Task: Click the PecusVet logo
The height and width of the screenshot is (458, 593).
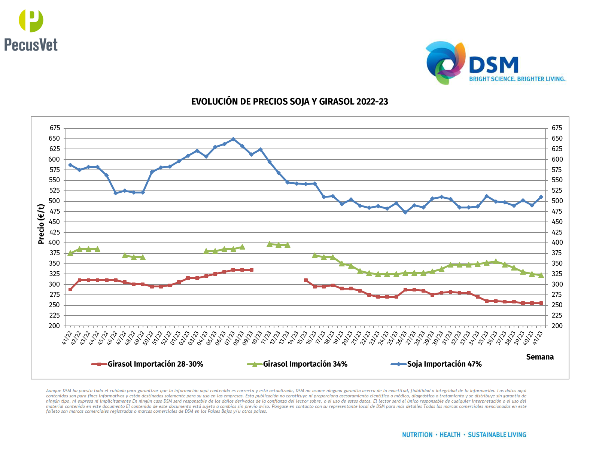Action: (x=31, y=30)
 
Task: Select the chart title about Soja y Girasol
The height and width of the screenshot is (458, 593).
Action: (x=289, y=102)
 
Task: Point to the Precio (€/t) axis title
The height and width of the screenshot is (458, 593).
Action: (x=41, y=224)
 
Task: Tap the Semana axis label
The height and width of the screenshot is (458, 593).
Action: (x=539, y=357)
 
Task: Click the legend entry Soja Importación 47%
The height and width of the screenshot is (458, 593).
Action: (x=444, y=364)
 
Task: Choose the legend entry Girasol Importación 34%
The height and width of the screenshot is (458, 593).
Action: (x=305, y=364)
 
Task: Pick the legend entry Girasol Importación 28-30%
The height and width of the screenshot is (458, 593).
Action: (x=155, y=364)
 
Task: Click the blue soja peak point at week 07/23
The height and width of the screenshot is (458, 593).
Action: (x=233, y=139)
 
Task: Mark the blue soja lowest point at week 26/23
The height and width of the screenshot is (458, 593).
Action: (x=405, y=212)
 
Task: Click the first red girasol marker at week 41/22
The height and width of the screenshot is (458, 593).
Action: (x=70, y=289)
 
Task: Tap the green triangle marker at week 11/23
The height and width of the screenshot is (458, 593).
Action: (x=270, y=244)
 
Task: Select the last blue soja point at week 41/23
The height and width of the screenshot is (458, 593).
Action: (x=541, y=197)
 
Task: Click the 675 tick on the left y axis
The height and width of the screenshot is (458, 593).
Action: (x=55, y=128)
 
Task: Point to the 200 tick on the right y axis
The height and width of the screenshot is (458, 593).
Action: (x=557, y=326)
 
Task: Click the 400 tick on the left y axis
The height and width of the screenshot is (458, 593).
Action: (x=55, y=242)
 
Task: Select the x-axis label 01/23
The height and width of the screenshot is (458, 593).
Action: (x=176, y=338)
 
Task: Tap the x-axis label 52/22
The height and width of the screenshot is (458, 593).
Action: (x=167, y=338)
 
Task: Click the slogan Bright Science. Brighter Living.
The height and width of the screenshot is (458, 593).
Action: (x=517, y=79)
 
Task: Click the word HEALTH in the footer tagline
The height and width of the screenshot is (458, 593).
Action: (x=450, y=435)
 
